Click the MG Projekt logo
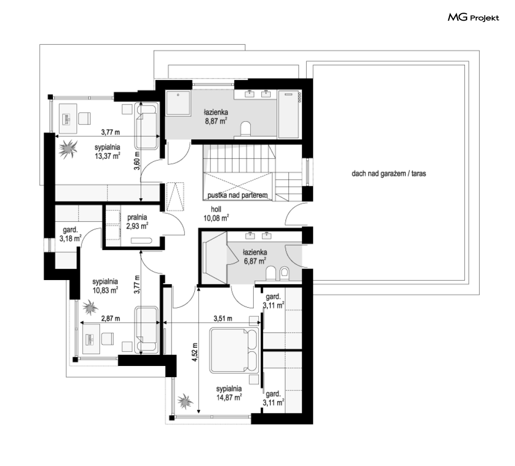473,17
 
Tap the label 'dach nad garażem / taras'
388,173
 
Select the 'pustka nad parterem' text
237,195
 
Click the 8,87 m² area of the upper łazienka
216,121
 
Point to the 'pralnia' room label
137,217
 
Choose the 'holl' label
216,209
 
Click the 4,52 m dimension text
195,352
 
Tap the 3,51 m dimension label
223,318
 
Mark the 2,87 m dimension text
110,318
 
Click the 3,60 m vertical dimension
137,160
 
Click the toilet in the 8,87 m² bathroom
245,129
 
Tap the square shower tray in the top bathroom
179,103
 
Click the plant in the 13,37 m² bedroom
68,149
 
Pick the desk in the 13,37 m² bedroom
68,119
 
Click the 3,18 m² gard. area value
70,238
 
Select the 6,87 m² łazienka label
255,257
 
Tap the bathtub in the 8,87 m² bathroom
288,115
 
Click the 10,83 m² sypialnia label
105,285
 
